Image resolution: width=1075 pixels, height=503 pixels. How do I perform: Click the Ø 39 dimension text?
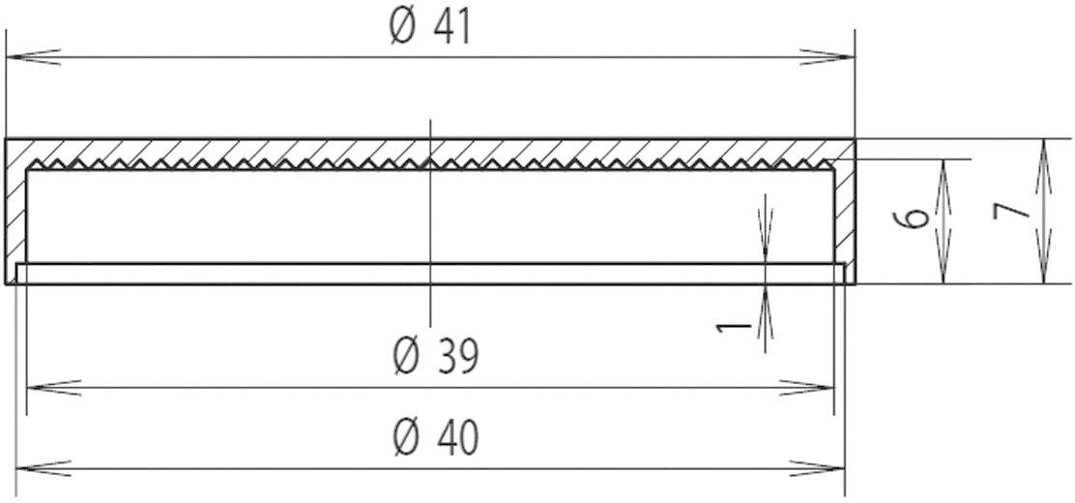coord(435,357)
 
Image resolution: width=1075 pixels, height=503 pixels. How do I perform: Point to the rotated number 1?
coord(735,327)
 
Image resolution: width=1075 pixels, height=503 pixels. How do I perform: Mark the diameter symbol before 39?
coord(407,357)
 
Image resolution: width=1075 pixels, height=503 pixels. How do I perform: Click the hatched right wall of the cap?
coord(844,213)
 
